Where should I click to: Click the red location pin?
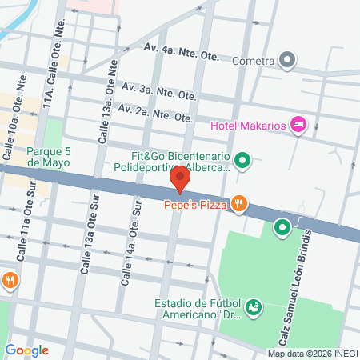point(181,179)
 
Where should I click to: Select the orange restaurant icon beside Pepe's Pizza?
point(238,205)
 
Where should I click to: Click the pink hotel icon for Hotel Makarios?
point(298,123)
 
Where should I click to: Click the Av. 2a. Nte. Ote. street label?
point(155,113)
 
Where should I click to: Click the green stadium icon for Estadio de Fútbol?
point(254,307)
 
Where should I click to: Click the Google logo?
point(26,350)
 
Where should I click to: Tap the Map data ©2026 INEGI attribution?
point(312,354)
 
